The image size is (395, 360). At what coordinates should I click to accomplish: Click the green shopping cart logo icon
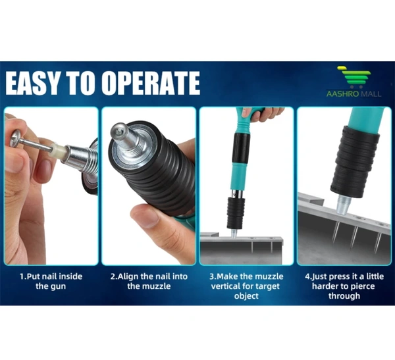pyautogui.click(x=355, y=76)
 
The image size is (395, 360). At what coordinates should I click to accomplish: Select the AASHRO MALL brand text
pyautogui.click(x=354, y=94)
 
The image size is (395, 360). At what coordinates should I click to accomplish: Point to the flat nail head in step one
pyautogui.click(x=16, y=138)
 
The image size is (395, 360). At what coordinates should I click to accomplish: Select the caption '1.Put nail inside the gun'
pyautogui.click(x=51, y=281)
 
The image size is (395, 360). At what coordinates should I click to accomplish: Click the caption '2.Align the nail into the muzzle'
pyautogui.click(x=149, y=281)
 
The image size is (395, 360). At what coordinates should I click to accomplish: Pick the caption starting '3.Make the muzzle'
pyautogui.click(x=246, y=286)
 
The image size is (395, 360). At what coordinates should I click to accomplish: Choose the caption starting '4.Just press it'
pyautogui.click(x=344, y=286)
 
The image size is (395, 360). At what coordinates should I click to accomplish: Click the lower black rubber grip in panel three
pyautogui.click(x=236, y=213)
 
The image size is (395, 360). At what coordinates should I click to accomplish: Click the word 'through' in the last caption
pyautogui.click(x=344, y=296)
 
